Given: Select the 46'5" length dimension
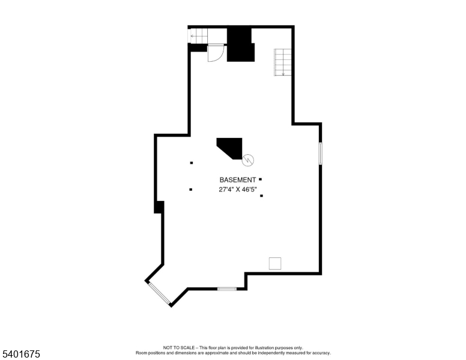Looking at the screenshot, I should coord(249,190).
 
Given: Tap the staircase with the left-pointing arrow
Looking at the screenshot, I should coord(198,36).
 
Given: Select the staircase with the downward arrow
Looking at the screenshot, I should coord(283,62).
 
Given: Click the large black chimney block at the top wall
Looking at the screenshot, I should coord(241,44).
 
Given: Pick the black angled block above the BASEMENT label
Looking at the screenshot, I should coord(231,148).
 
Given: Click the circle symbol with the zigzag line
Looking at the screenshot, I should coord(248,160).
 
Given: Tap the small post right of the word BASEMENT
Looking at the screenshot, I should coord(260,179).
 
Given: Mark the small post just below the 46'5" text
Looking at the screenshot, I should coord(262,196).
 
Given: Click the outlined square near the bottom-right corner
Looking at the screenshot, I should coord(275,263).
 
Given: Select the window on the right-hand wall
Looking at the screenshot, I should coord(321,153).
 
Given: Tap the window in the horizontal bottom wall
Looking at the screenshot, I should coord(226,289).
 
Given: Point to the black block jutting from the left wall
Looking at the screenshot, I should coord(159,207).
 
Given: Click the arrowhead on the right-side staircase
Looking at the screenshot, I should coord(283,74).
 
